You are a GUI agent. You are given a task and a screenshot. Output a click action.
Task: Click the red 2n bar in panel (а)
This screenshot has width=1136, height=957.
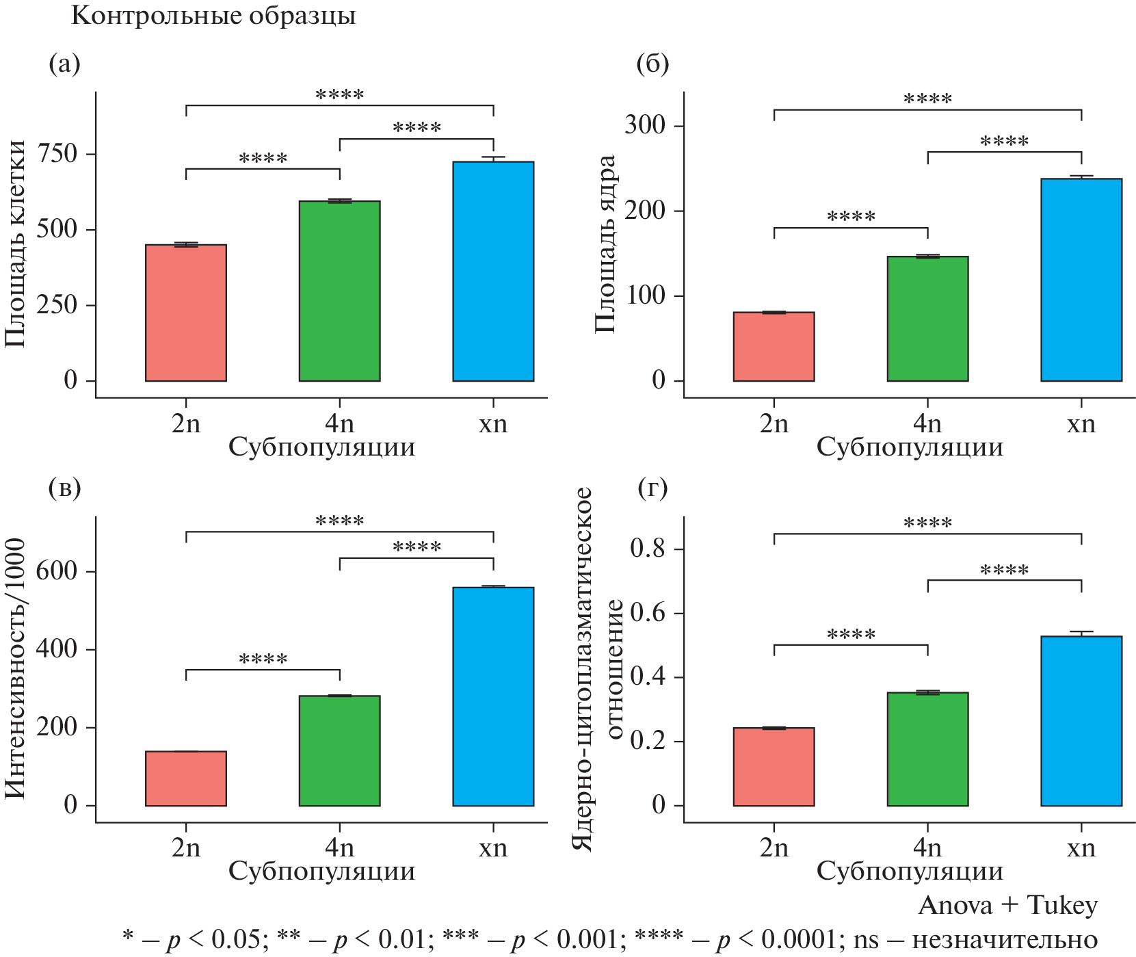tap(186, 313)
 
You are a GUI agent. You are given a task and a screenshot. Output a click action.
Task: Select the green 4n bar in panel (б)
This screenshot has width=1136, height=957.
tap(927, 319)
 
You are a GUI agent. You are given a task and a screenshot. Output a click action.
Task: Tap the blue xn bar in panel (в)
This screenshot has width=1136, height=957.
tap(493, 696)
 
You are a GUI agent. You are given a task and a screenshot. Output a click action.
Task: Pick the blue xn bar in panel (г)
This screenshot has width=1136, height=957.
tap(1081, 721)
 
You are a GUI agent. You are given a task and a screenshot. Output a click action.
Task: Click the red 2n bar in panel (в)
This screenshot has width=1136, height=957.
tap(186, 778)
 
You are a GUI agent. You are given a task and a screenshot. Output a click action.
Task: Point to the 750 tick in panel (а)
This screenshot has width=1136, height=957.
tap(57, 153)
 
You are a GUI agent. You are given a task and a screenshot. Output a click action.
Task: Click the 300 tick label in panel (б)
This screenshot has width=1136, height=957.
tap(645, 126)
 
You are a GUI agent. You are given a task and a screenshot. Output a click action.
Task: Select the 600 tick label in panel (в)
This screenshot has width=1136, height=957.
tap(57, 571)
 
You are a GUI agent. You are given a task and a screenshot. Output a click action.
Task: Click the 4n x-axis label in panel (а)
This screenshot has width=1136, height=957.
tap(339, 424)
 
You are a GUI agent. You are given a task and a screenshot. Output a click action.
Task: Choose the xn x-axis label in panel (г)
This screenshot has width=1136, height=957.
tap(1081, 848)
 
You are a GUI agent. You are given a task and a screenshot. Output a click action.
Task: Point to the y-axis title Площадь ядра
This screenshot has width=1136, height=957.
tap(605, 244)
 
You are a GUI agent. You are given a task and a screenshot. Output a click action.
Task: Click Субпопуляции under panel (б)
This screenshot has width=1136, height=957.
tap(910, 447)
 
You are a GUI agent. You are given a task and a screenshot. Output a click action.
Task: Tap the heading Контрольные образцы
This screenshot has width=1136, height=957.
tap(213, 16)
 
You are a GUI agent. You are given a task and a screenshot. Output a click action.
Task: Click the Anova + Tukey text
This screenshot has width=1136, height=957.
tap(1007, 906)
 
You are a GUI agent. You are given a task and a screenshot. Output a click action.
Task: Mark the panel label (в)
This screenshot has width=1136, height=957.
tap(65, 488)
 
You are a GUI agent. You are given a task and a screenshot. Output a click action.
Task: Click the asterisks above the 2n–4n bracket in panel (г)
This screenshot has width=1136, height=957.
tap(851, 635)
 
